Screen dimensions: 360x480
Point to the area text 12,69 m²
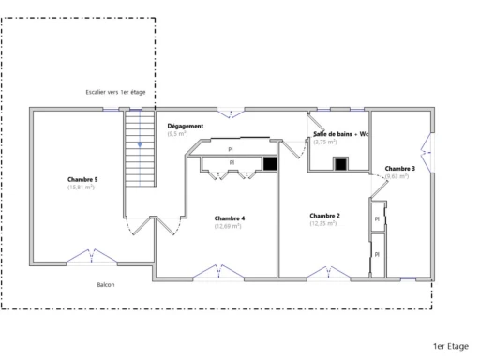point(228,226)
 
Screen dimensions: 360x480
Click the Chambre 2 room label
point(324,216)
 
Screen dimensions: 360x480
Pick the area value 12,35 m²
point(324,224)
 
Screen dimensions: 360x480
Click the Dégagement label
point(185,126)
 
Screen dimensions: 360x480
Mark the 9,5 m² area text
point(177,134)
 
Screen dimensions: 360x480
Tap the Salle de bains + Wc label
point(339,134)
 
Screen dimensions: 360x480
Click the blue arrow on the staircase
point(139,144)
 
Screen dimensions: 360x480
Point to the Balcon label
point(106,284)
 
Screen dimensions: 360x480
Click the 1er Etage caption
point(451,346)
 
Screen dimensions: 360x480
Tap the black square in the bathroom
point(341,164)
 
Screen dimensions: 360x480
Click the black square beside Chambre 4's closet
point(269,164)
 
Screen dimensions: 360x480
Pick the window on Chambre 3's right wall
point(427,151)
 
